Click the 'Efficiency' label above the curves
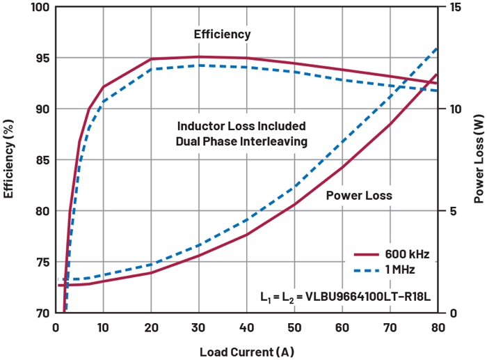pos(222,34)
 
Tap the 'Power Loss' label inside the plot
pos(359,196)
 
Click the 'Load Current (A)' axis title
pos(246,350)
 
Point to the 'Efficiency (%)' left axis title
pos(10,159)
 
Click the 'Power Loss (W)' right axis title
pos(479,159)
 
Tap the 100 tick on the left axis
pos(41,8)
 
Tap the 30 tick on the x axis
pos(198,327)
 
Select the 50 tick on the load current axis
pos(294,327)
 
